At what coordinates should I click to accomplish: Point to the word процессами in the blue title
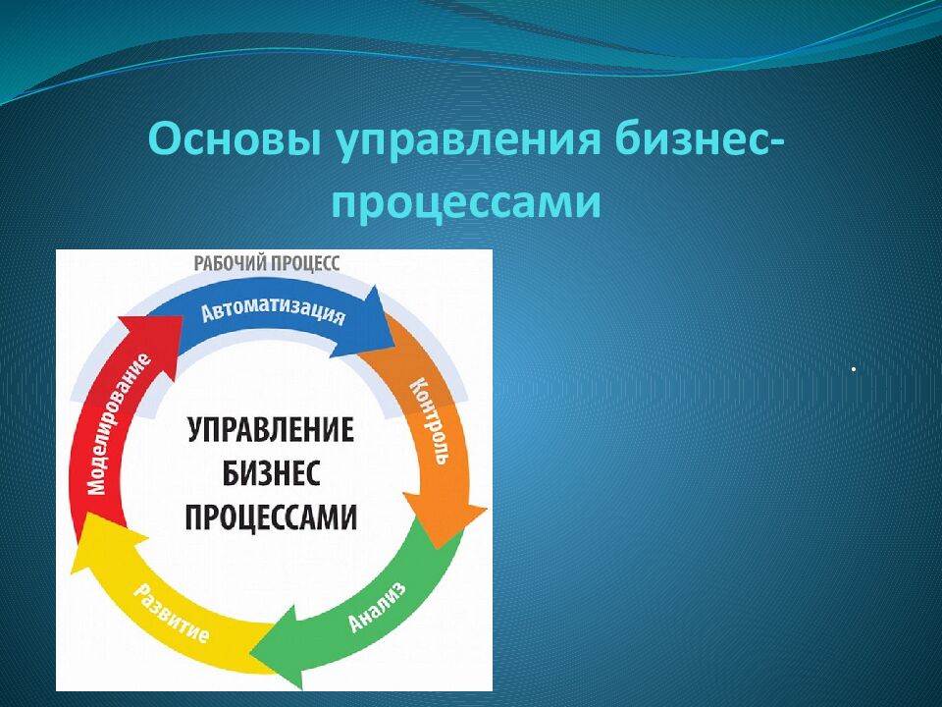pos(466,202)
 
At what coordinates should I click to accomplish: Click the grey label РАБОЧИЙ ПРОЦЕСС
pos(267,263)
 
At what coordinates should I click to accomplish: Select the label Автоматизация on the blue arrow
pos(274,312)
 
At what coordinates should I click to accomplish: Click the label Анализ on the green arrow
pos(377,606)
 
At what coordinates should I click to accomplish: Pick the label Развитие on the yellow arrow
pos(171,613)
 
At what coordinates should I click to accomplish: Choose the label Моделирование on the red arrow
pos(119,424)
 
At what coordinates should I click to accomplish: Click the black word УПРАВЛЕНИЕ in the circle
pos(271,430)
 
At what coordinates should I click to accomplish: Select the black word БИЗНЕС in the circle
pos(271,473)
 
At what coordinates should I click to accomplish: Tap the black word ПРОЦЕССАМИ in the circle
pos(271,517)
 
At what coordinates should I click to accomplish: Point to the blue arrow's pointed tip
pos(394,347)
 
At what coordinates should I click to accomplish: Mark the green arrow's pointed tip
pos(250,653)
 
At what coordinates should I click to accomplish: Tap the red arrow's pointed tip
pos(183,315)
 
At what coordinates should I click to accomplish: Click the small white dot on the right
pos(853,369)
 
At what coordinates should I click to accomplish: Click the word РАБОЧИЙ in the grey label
pos(230,263)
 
